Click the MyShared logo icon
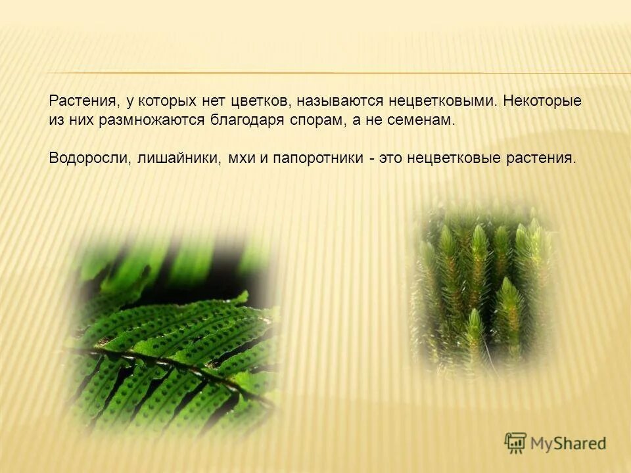coord(515,443)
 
